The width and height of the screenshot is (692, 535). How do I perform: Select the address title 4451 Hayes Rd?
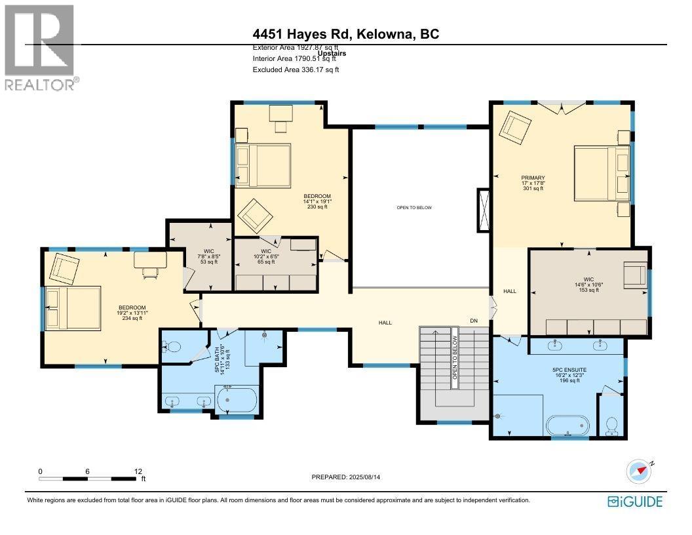coord(346,34)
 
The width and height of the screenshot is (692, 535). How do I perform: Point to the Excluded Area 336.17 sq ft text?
coord(296,69)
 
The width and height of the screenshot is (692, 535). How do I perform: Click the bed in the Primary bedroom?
coord(596,176)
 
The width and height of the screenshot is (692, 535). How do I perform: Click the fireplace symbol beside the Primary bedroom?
coord(484,209)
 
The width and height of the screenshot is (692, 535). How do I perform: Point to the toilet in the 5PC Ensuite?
coord(611,425)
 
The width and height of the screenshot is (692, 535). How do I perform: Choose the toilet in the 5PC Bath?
coord(172,347)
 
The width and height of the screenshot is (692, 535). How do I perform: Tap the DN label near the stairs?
coord(474,321)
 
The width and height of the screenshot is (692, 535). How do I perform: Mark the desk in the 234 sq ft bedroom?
coord(150,260)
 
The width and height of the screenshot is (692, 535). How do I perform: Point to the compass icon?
coord(640,471)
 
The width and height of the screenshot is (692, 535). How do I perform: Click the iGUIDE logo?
coord(634,502)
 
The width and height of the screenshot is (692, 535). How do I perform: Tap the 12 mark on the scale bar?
coord(138,471)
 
